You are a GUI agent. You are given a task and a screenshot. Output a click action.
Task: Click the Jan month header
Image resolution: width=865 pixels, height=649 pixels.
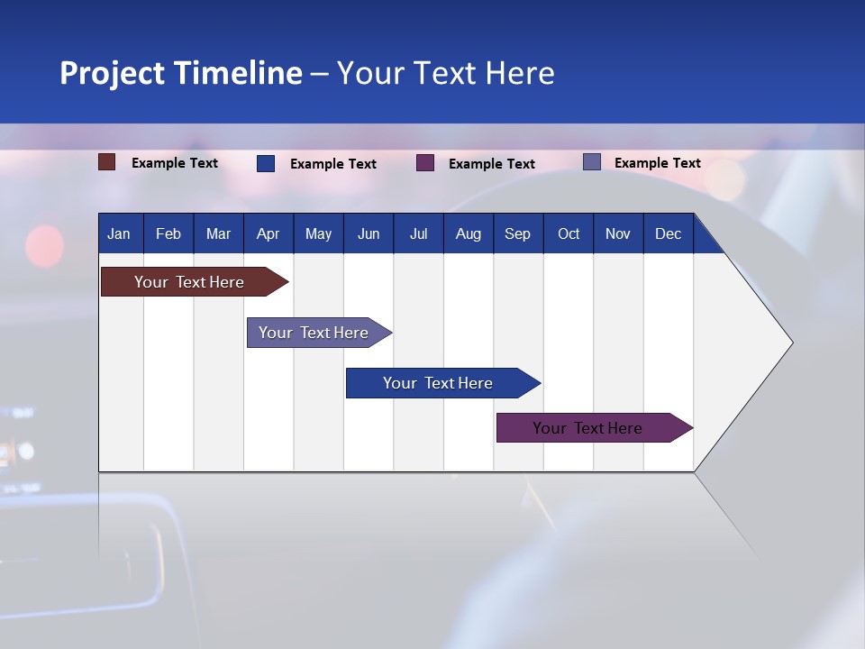tap(119, 234)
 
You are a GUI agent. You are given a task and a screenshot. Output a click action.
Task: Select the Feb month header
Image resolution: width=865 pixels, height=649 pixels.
tap(168, 234)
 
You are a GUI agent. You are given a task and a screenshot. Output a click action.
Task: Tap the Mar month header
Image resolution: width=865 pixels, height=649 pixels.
tap(218, 234)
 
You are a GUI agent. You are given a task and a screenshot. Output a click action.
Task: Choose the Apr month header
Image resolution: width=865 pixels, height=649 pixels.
tap(269, 234)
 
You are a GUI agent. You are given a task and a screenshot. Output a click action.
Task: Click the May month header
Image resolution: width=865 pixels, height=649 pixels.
tap(318, 234)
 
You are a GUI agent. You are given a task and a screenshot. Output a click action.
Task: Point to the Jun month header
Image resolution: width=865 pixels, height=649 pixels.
tap(369, 234)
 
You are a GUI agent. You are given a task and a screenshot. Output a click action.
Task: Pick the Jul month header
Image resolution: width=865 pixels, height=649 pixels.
tap(418, 234)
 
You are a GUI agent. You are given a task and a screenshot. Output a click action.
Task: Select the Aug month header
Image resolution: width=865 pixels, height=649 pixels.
tap(469, 234)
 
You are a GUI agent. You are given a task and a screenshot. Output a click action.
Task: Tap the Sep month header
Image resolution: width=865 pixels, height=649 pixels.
tap(518, 234)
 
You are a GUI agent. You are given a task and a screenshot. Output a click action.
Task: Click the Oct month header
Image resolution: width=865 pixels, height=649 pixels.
tap(569, 234)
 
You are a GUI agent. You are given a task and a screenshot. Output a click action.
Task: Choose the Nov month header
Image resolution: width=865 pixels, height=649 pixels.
tap(618, 234)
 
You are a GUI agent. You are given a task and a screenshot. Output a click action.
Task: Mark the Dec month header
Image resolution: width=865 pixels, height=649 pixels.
tap(669, 234)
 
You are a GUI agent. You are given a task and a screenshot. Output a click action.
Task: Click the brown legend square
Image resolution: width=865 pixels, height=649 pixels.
tap(107, 162)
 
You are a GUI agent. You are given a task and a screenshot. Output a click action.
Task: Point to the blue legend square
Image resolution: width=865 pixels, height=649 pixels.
tap(266, 163)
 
